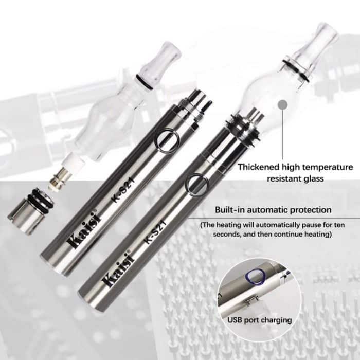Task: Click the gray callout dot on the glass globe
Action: [x=281, y=105]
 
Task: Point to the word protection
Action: [x=309, y=210]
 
